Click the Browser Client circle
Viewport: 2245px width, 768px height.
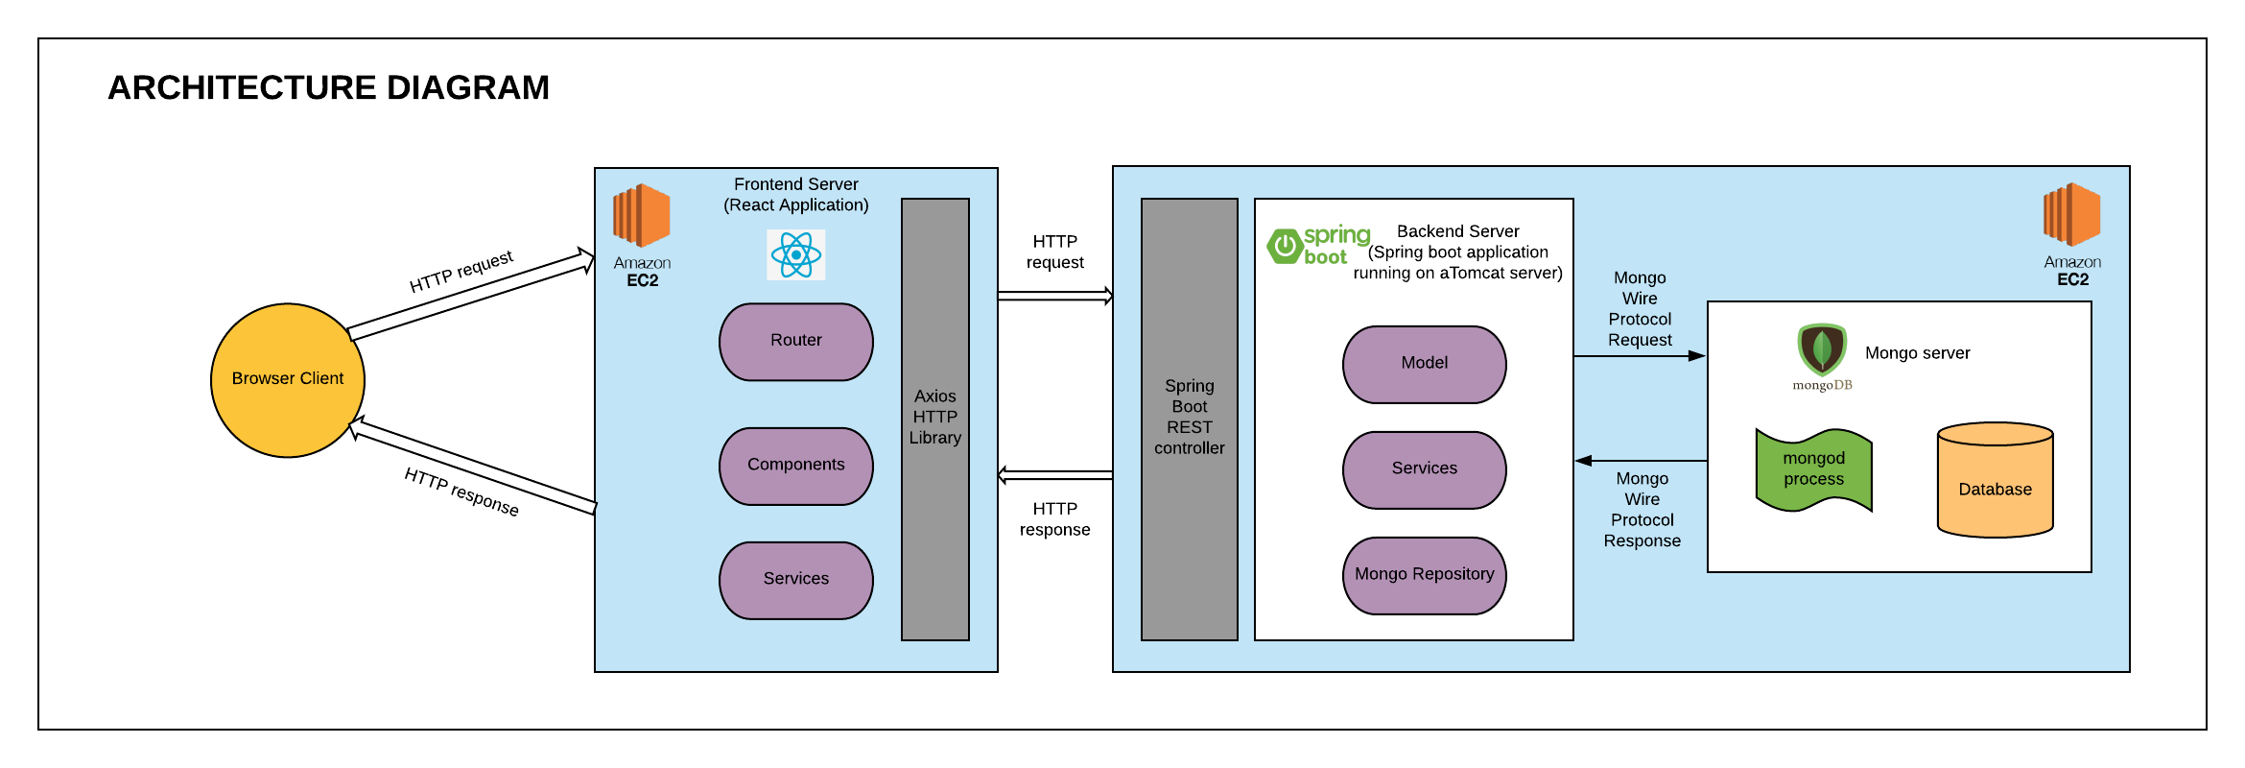point(288,380)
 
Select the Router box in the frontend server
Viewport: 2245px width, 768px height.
point(796,342)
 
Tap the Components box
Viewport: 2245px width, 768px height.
point(796,466)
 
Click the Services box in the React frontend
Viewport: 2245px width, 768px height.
point(796,580)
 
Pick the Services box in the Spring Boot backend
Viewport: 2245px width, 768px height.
point(1424,469)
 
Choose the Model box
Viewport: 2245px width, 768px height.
point(1424,364)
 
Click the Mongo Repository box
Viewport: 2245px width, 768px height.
point(1424,575)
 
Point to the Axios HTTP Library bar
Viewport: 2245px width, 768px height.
point(935,419)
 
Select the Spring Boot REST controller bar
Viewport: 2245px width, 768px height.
point(1189,419)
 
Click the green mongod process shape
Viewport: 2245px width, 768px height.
point(1813,469)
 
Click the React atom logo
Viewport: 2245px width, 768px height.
point(796,254)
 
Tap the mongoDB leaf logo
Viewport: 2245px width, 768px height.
point(1822,350)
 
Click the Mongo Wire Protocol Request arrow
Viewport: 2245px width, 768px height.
point(1640,356)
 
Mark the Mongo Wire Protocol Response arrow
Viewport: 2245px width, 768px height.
point(1641,461)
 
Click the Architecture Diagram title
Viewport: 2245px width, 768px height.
point(328,87)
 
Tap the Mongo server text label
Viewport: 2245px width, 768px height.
point(1917,353)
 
